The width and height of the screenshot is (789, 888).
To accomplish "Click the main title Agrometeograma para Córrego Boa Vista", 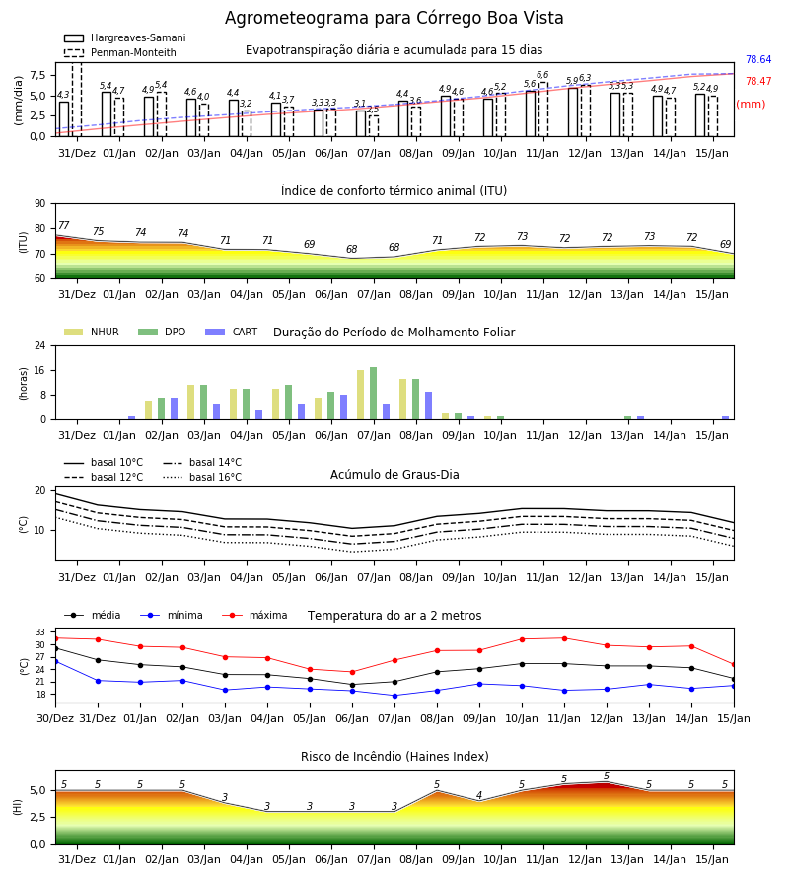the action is tap(394, 18).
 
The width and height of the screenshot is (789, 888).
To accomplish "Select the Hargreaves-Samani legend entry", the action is tap(124, 37).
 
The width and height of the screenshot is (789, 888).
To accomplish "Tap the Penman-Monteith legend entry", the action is tap(120, 52).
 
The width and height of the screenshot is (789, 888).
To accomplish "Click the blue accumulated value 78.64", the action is tap(758, 59).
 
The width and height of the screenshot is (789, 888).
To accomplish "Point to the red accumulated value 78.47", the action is tap(758, 81).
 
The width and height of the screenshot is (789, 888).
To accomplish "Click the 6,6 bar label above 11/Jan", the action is tap(542, 75).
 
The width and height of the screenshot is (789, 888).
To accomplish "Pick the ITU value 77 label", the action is tap(64, 225).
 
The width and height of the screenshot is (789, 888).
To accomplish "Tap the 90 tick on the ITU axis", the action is tap(40, 204).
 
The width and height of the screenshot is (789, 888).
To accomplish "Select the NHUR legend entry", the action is tap(92, 332).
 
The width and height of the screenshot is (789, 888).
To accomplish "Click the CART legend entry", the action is tap(232, 332).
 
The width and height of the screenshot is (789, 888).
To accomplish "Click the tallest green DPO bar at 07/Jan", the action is tap(374, 394).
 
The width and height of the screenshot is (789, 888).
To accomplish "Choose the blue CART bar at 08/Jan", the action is tap(428, 406).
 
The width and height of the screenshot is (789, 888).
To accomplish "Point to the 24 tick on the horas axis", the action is tap(40, 345).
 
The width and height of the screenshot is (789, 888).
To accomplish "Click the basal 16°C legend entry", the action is tap(202, 477).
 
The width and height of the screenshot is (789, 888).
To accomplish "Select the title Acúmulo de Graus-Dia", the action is tap(394, 474).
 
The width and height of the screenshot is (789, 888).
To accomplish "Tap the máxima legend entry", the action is tap(254, 615).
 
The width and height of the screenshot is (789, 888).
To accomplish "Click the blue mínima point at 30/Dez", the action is tap(55, 661).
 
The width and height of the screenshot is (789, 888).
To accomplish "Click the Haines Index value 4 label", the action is tap(479, 795).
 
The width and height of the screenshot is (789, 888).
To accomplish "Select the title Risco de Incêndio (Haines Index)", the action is tap(394, 756).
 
